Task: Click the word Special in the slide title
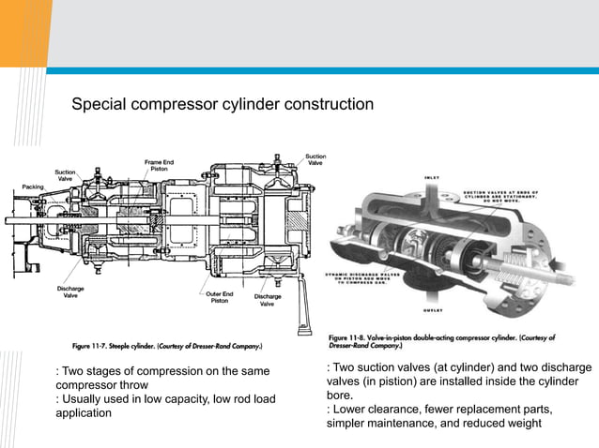tap(101, 104)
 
